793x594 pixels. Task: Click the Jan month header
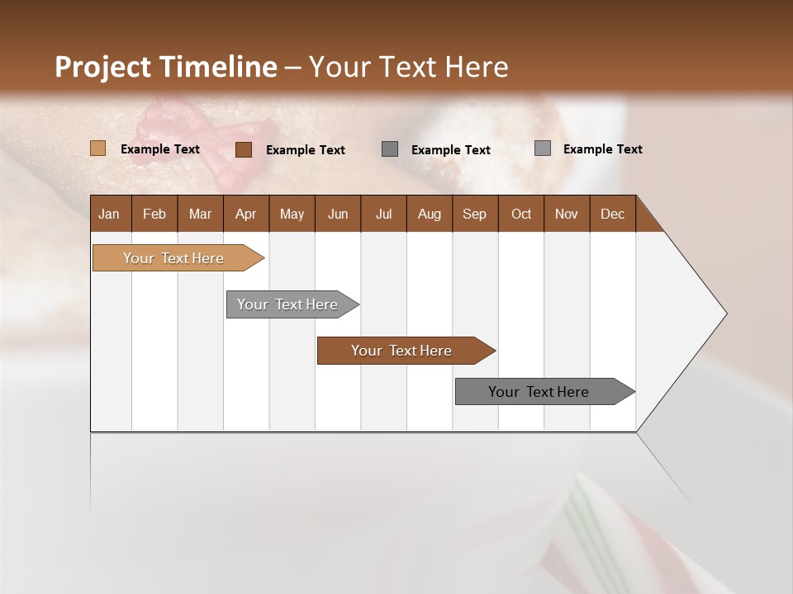click(x=109, y=214)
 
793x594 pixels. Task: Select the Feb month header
click(x=154, y=214)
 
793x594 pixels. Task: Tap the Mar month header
click(x=200, y=214)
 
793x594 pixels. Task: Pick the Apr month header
click(x=245, y=214)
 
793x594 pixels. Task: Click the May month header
click(x=292, y=214)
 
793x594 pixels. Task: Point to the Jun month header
click(x=338, y=214)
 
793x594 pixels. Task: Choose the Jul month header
click(x=383, y=214)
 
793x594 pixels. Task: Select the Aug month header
click(x=429, y=214)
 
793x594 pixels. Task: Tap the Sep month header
click(x=474, y=214)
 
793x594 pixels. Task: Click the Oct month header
click(x=521, y=214)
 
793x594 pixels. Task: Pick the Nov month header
click(x=567, y=214)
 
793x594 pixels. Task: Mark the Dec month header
click(x=612, y=214)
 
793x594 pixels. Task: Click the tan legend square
click(x=97, y=148)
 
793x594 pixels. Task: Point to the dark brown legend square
click(x=243, y=149)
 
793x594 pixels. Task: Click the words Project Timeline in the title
click(x=166, y=67)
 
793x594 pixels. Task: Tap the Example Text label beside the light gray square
click(x=602, y=148)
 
